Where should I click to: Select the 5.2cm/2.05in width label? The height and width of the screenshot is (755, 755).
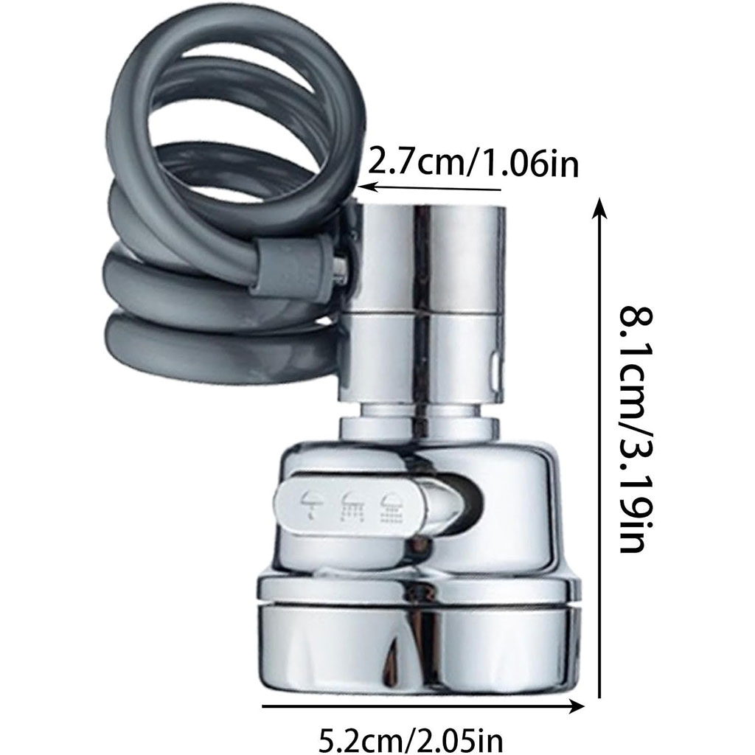[x=411, y=739]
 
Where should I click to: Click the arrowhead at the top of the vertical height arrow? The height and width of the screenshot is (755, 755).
[x=599, y=207]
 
